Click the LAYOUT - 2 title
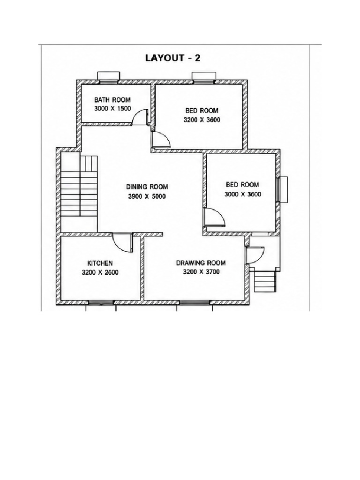(172, 58)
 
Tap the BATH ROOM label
(112, 100)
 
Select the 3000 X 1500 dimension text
(112, 108)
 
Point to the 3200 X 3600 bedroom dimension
(202, 120)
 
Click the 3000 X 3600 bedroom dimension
(243, 194)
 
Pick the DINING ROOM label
(147, 187)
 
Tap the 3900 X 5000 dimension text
(147, 196)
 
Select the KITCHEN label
(100, 263)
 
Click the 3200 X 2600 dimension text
(100, 272)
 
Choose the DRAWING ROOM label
(201, 263)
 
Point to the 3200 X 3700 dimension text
(201, 271)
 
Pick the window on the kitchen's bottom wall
(101, 303)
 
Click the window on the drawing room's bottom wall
(195, 303)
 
